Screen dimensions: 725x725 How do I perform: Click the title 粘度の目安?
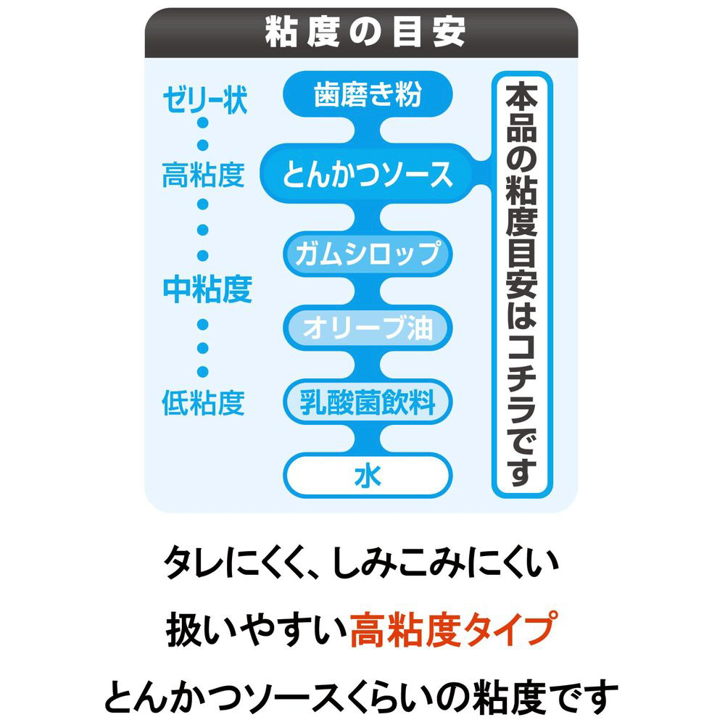[365, 33]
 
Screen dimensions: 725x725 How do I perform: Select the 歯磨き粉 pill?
[368, 94]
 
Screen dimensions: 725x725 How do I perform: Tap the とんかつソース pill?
[367, 173]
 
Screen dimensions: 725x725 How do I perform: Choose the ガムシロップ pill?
[368, 254]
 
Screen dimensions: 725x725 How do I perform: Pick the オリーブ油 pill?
[368, 328]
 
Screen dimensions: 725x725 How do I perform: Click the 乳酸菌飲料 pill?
[368, 402]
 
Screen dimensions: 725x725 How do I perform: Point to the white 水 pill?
[368, 476]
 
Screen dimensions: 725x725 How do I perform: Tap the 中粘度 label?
[207, 289]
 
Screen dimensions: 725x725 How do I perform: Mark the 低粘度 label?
[203, 402]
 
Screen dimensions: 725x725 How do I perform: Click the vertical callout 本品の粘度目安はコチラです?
[522, 284]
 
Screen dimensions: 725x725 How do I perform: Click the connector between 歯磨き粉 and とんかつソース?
[368, 130]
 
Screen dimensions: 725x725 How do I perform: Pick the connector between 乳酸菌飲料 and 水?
[368, 439]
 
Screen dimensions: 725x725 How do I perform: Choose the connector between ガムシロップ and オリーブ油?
[368, 291]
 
